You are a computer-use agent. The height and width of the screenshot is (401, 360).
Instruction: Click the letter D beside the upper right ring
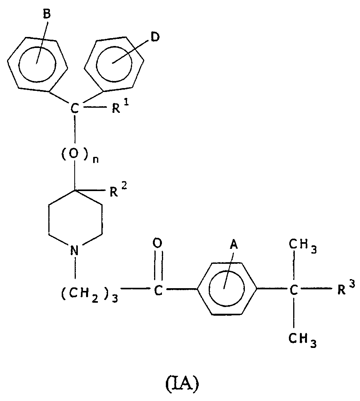(x=155, y=37)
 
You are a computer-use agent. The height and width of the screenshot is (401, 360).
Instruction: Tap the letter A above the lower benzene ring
(x=234, y=245)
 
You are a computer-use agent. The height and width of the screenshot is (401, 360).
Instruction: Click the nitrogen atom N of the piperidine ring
(x=74, y=251)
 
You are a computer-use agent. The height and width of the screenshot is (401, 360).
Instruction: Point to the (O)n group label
(x=80, y=156)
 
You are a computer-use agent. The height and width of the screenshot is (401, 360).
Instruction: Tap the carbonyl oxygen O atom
(x=157, y=243)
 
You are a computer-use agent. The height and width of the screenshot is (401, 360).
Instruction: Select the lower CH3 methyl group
(x=303, y=340)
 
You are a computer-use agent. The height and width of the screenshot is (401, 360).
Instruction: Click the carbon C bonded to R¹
(x=74, y=109)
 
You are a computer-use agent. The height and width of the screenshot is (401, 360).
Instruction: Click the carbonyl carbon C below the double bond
(x=158, y=291)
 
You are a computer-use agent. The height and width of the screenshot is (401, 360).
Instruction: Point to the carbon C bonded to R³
(x=294, y=290)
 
